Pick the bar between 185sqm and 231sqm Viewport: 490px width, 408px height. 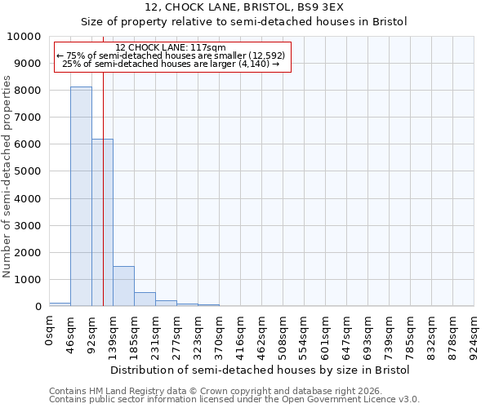[x=145, y=299]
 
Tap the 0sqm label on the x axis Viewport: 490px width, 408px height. [x=50, y=330]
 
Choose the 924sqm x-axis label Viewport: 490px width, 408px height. [x=474, y=334]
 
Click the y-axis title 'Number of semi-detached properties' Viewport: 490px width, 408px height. [x=7, y=176]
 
